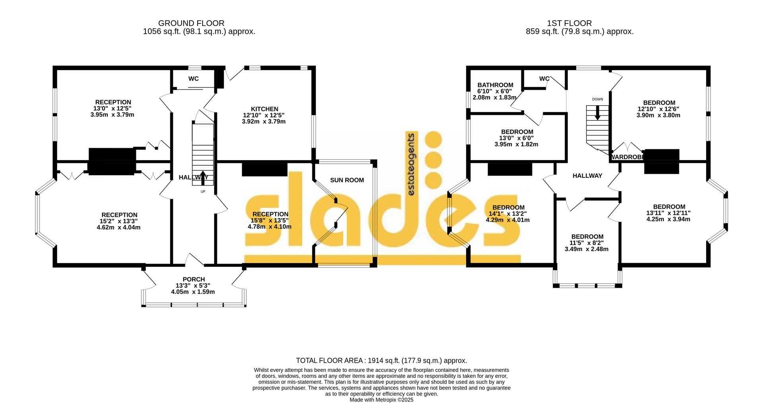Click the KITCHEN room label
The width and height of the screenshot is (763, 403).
coord(264,109)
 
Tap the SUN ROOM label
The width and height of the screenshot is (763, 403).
coord(347,180)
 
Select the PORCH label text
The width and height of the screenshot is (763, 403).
coord(194,279)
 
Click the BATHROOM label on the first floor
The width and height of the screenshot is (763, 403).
coord(495,85)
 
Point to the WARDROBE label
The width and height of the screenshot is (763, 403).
coord(627,157)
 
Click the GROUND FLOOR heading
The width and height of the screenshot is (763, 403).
coord(191,23)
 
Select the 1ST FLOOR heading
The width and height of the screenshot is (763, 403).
coord(569,23)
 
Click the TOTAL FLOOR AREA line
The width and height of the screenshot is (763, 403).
coord(381,360)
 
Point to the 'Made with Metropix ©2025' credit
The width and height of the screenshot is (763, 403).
coord(381,400)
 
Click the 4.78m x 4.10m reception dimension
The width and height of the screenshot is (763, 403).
coord(269,227)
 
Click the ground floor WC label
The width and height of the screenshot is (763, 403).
coord(194,79)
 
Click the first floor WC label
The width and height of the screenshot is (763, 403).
coord(544,79)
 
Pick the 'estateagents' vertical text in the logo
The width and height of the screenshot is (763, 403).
coord(412,164)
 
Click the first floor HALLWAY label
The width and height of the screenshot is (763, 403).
coord(587,176)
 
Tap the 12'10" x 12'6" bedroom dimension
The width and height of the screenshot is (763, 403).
coord(658,109)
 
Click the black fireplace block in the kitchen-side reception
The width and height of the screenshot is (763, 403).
coord(264,169)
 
